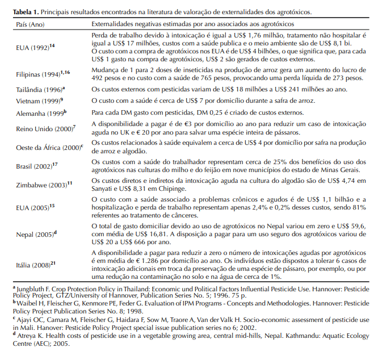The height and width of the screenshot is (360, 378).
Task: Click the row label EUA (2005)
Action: pos(28,207)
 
